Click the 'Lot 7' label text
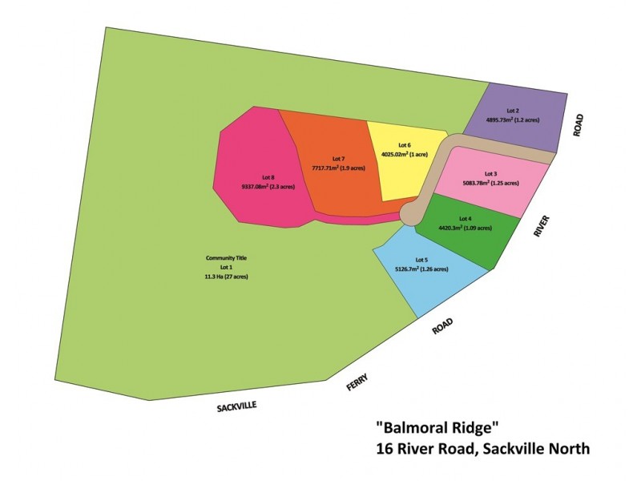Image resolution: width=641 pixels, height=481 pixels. [x=337, y=158]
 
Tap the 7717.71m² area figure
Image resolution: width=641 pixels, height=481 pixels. [x=338, y=168]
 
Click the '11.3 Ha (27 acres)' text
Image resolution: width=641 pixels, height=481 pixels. [x=226, y=277]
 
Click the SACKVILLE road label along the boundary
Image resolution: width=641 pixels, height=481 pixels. [x=236, y=407]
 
